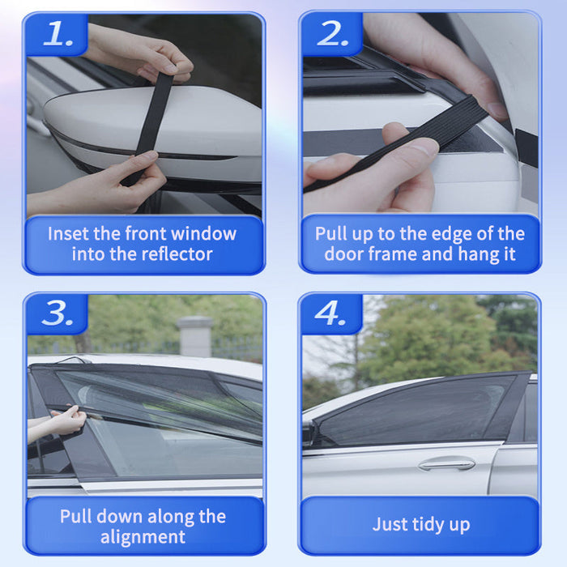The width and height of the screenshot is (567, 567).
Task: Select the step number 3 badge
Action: point(58,313)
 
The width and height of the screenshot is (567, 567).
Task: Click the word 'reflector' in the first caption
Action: point(174,254)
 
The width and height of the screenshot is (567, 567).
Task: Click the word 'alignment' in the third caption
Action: point(143,536)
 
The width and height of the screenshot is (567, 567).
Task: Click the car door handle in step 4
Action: point(446,464)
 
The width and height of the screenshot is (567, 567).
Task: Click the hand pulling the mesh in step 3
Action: point(65,421)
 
